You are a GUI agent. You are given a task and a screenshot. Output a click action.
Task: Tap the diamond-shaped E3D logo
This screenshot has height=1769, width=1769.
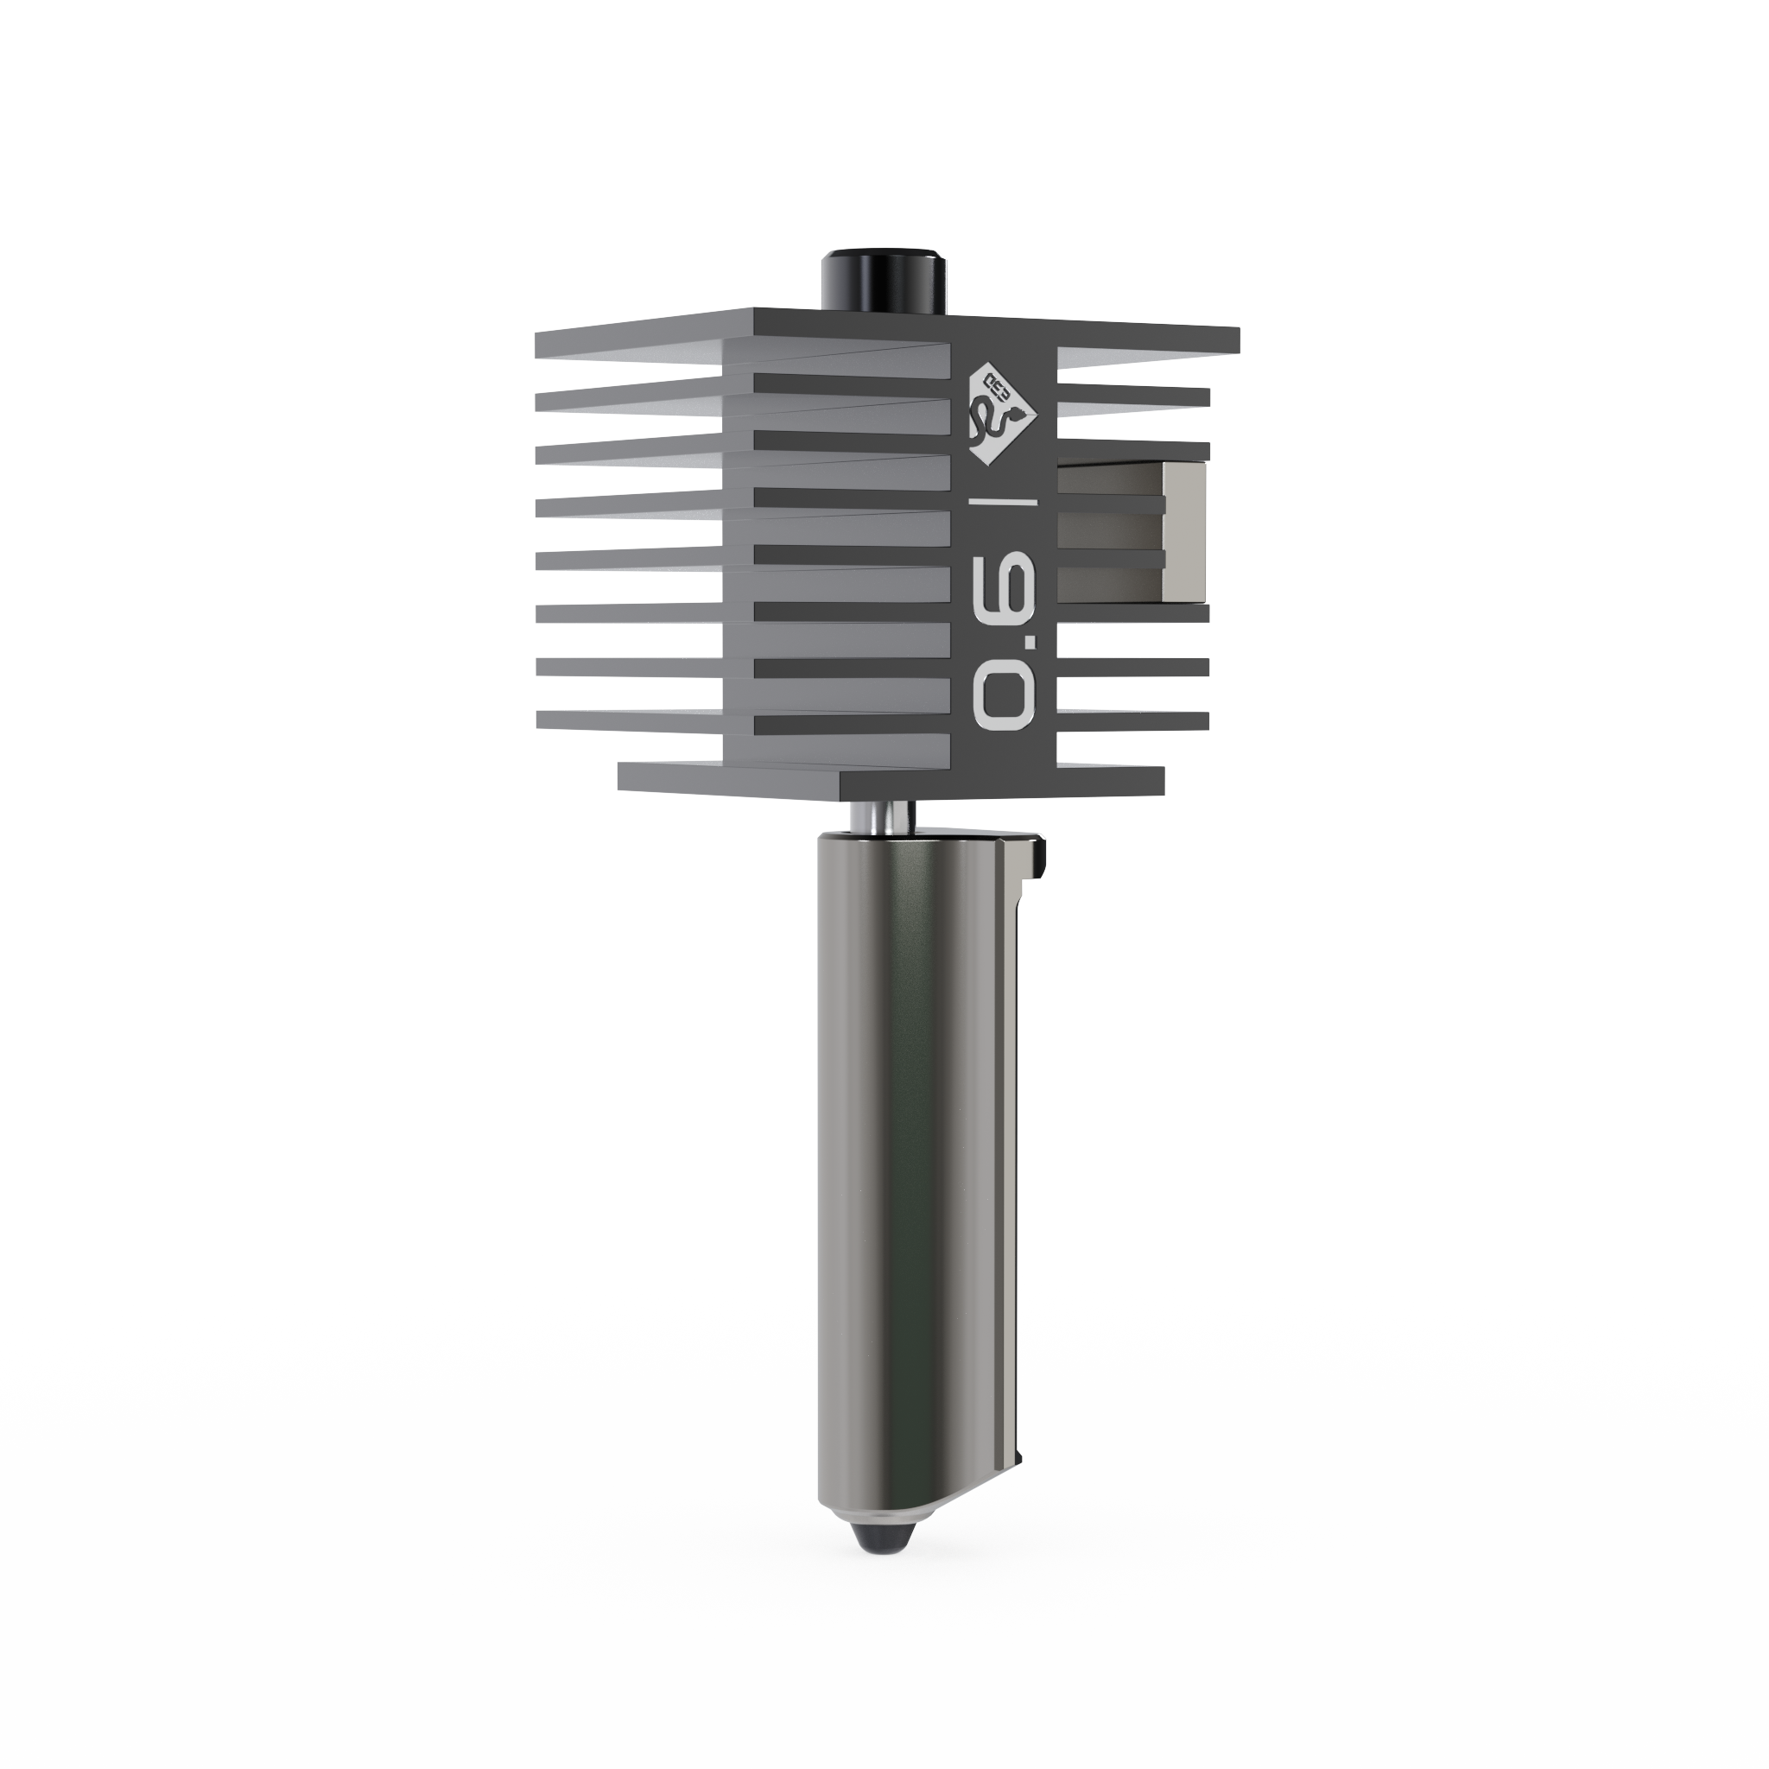(1005, 414)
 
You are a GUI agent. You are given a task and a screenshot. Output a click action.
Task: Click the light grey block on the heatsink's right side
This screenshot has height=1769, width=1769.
(1186, 531)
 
